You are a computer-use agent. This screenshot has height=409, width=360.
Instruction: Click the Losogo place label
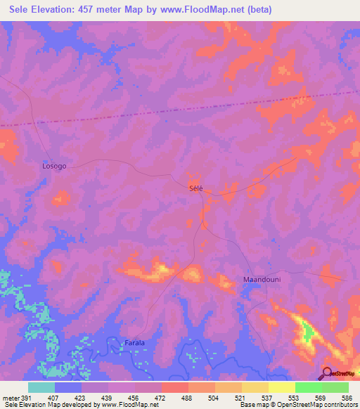(x=54, y=166)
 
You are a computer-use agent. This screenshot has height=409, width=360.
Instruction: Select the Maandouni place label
(x=262, y=280)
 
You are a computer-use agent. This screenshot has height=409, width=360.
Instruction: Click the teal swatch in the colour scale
(x=41, y=387)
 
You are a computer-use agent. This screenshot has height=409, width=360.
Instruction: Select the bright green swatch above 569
(x=308, y=387)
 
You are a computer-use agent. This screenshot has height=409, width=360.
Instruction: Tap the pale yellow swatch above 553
(x=281, y=387)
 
